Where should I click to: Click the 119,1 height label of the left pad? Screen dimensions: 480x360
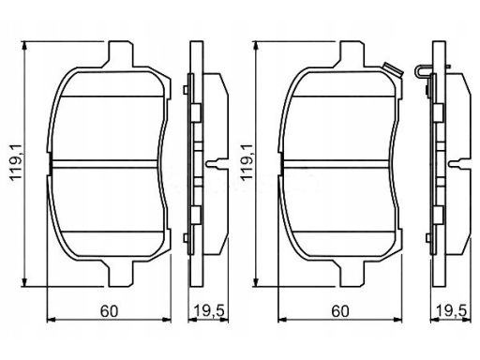[16, 162]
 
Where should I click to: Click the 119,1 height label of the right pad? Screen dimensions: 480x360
[247, 162]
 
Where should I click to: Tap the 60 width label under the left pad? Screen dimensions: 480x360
[109, 311]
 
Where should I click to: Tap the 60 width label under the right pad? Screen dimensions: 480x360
[340, 311]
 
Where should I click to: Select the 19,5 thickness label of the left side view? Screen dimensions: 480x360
[209, 311]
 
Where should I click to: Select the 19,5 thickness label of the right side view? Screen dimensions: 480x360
[451, 311]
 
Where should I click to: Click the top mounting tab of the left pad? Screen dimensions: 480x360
[121, 53]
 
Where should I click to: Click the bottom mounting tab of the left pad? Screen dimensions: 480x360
[121, 273]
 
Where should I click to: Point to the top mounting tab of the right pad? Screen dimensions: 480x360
[352, 53]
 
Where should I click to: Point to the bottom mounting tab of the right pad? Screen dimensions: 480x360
[352, 273]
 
